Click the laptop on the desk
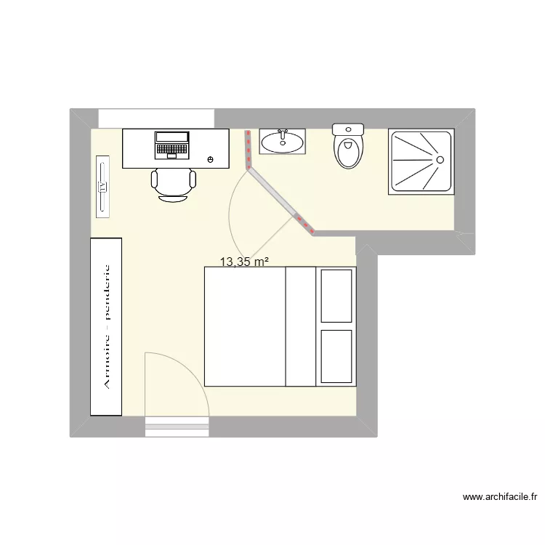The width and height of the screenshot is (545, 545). pyautogui.click(x=171, y=145)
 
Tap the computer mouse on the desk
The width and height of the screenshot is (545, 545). pyautogui.click(x=211, y=159)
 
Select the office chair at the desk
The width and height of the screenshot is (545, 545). pyautogui.click(x=173, y=183)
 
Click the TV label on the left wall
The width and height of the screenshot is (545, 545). pyautogui.click(x=103, y=187)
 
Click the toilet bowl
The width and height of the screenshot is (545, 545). pyautogui.click(x=348, y=153)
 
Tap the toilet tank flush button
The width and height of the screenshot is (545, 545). pyautogui.click(x=347, y=129)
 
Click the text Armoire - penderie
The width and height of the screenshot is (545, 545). pyautogui.click(x=106, y=326)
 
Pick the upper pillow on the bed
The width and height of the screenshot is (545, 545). pyautogui.click(x=336, y=295)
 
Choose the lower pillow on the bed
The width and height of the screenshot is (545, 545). pyautogui.click(x=336, y=357)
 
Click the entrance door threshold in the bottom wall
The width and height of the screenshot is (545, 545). pyautogui.click(x=177, y=427)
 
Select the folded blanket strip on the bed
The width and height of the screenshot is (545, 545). pyautogui.click(x=301, y=326)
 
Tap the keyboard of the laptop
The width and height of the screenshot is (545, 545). pyautogui.click(x=171, y=150)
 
